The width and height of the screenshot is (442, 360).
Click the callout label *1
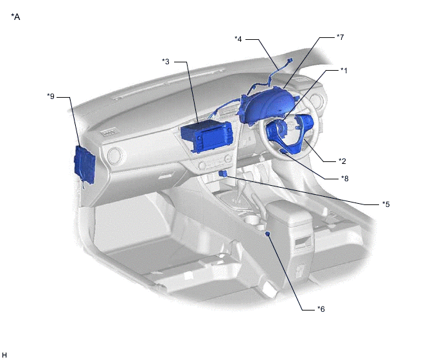[x=344, y=71]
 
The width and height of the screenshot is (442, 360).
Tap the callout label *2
[x=342, y=161]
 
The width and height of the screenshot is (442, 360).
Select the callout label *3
[x=166, y=61]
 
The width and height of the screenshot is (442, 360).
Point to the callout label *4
[x=238, y=39]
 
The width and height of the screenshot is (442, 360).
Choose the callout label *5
[x=386, y=204]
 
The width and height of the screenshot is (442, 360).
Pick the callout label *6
[x=321, y=309]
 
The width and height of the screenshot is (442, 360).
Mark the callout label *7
[x=340, y=37]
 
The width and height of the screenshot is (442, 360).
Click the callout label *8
[x=345, y=178]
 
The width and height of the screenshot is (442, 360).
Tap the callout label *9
[x=51, y=96]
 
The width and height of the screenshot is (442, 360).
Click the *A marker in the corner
[x=15, y=17]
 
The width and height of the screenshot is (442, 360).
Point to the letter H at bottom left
[x=4, y=355]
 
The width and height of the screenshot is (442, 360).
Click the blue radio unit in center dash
[x=207, y=136]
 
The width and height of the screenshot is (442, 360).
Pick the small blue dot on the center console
[x=268, y=233]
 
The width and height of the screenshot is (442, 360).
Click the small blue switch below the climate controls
[x=224, y=174]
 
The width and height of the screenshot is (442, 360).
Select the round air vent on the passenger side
[x=115, y=156]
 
